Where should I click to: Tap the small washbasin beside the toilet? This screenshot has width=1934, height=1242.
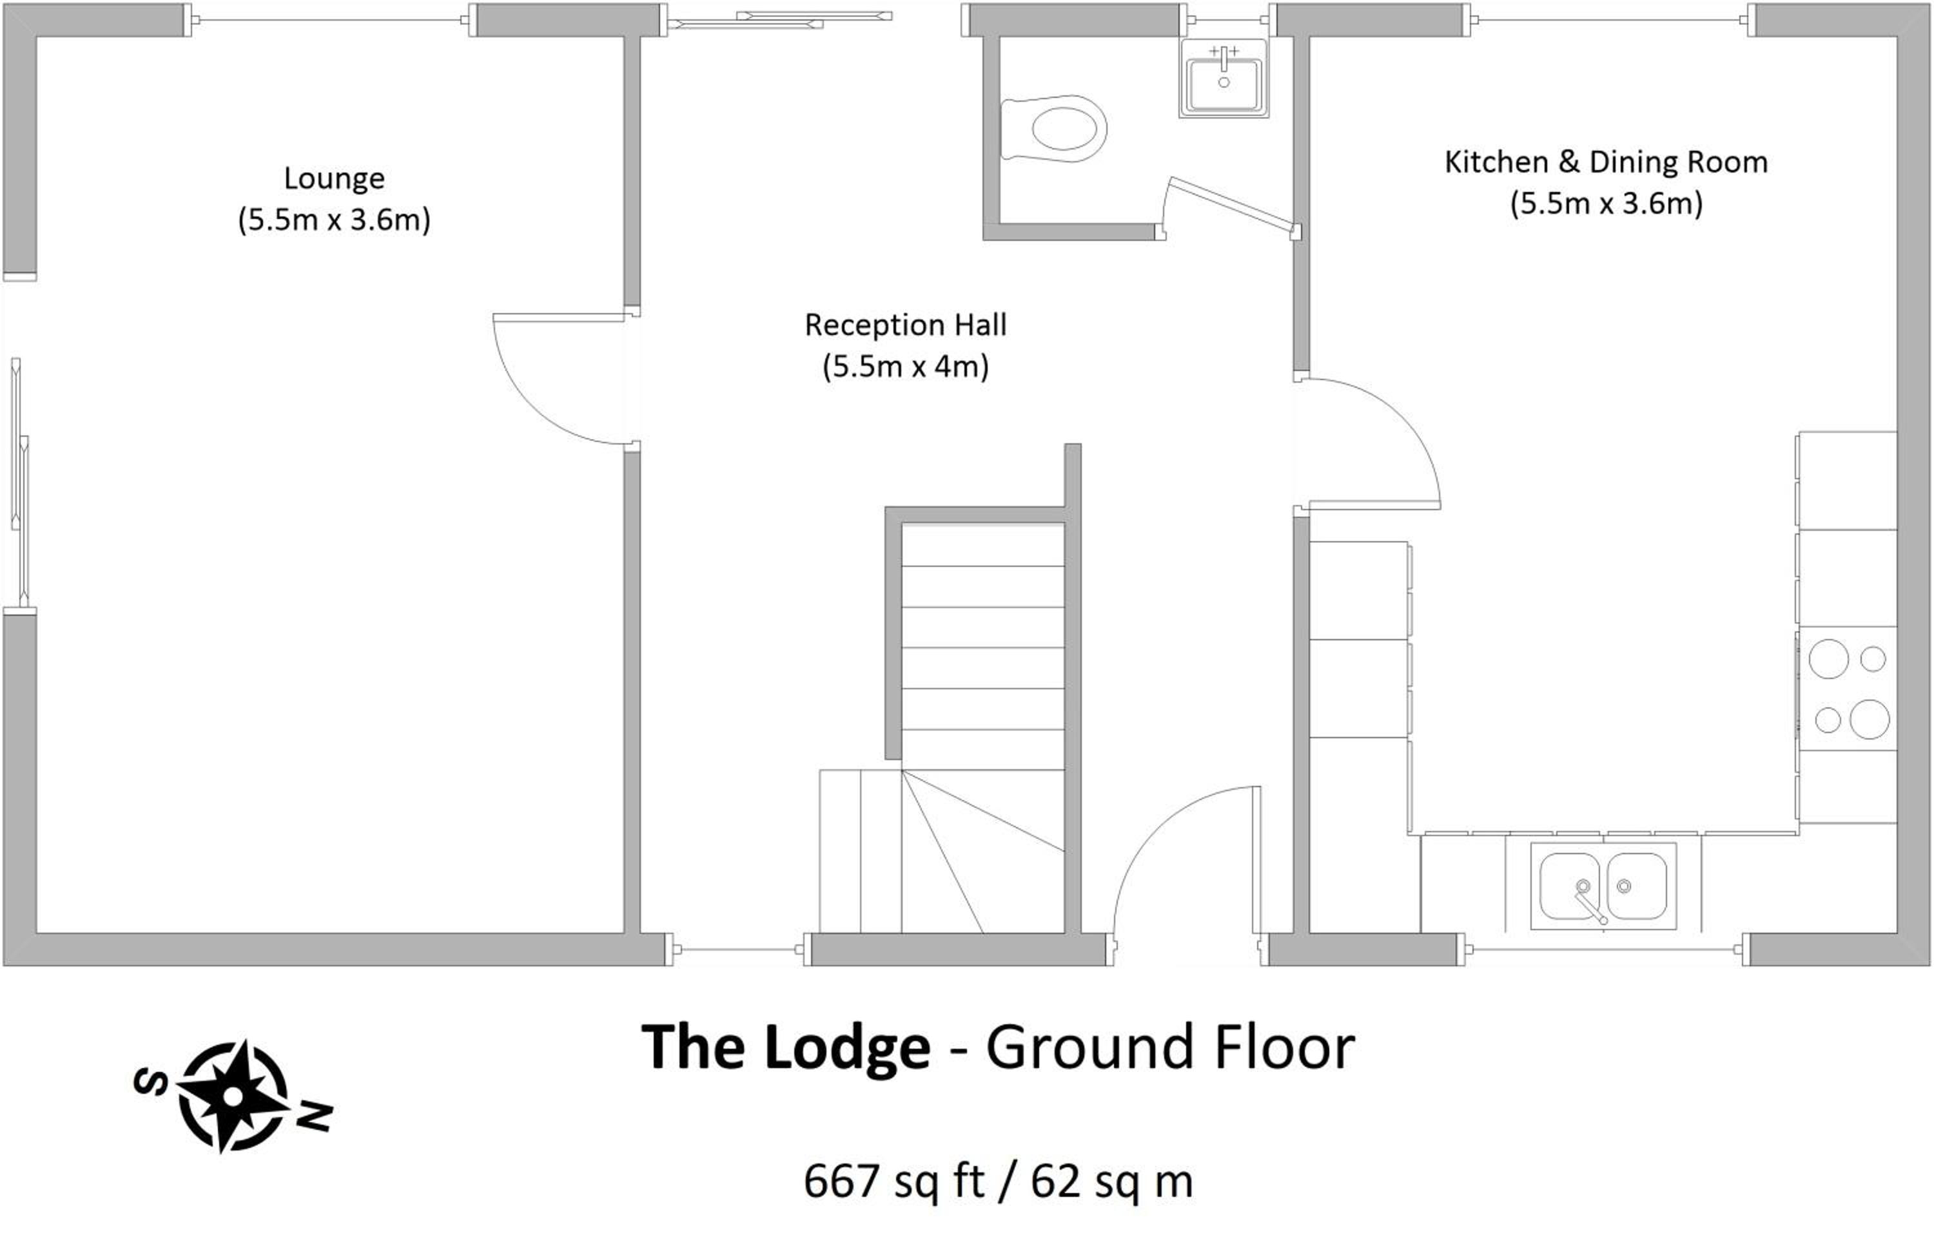(1223, 77)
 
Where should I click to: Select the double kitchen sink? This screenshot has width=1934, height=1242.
(1603, 886)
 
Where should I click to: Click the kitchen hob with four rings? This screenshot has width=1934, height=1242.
(1848, 689)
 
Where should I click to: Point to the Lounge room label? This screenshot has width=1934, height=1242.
(334, 178)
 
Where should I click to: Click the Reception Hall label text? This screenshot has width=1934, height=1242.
(905, 325)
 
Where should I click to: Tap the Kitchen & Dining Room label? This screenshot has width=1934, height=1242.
(1606, 162)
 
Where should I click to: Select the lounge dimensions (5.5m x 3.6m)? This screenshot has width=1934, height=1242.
(334, 220)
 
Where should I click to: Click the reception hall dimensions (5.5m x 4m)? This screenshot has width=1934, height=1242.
(905, 367)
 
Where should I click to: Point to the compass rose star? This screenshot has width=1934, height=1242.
(232, 1095)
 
